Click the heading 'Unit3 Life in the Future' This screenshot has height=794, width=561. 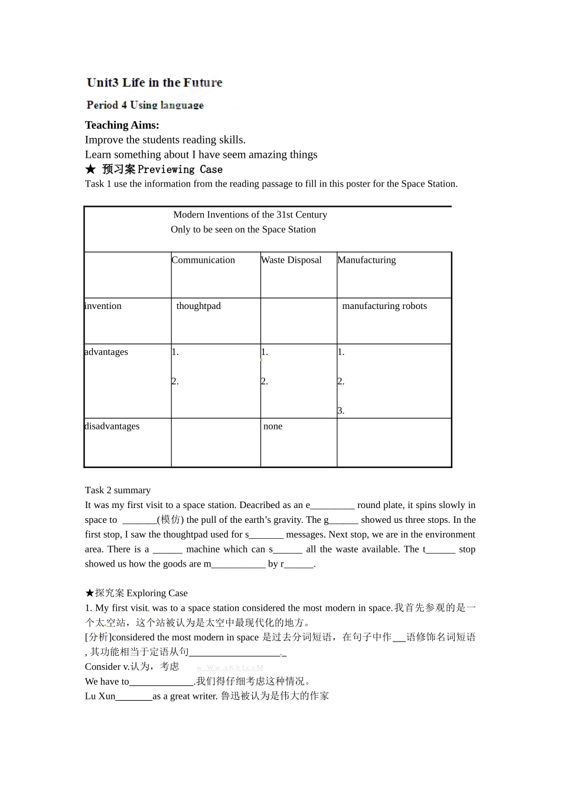click(x=154, y=83)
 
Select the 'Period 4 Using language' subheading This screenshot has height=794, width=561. click(x=145, y=105)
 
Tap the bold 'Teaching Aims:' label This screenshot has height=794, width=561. click(x=122, y=125)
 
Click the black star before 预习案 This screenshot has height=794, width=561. click(x=90, y=170)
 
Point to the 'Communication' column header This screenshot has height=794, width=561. click(x=203, y=260)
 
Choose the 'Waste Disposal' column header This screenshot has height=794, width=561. click(x=291, y=260)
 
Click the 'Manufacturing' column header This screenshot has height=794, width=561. click(x=367, y=260)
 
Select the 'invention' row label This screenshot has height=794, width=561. click(x=103, y=306)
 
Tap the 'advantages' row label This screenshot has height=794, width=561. click(x=106, y=352)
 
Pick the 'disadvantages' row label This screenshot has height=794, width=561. click(x=112, y=427)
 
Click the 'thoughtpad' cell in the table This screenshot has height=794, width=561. click(x=198, y=306)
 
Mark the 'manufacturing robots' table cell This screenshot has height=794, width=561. click(x=384, y=306)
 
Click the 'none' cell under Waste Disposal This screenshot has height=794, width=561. click(x=273, y=427)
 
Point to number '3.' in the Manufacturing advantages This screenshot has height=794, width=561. click(x=341, y=411)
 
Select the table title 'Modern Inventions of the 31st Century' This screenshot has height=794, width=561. click(x=250, y=215)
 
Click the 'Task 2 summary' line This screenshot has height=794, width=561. click(x=118, y=490)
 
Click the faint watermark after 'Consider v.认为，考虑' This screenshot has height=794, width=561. click(x=230, y=668)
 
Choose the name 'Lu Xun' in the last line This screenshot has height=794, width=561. click(x=100, y=697)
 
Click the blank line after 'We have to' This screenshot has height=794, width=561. click(x=161, y=682)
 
